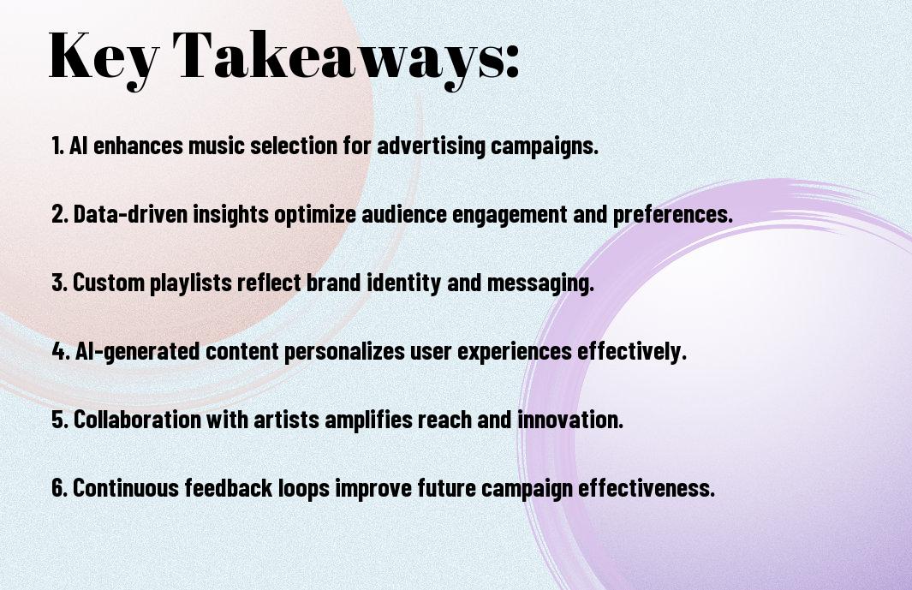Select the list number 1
pos(57,146)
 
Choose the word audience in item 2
pos(404,214)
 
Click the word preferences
pos(672,214)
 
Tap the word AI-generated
pos(137,352)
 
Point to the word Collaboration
pos(137,420)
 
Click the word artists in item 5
pos(286,420)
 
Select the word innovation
pos(570,420)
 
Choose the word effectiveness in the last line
pos(647,488)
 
